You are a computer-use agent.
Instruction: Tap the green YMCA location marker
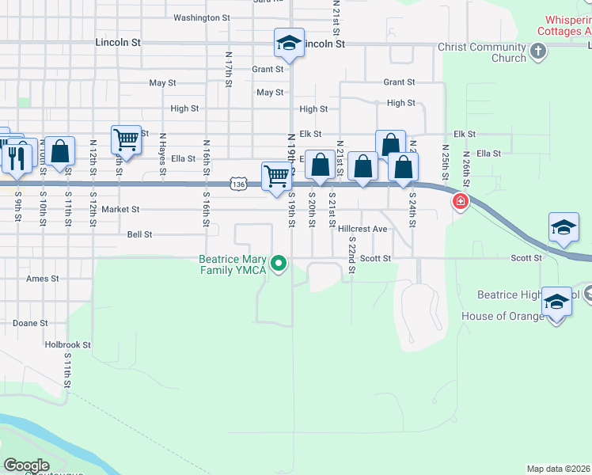(x=278, y=264)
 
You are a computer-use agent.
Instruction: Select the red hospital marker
(x=459, y=202)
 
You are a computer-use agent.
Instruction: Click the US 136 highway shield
(x=240, y=184)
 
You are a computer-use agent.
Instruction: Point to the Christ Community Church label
(x=481, y=52)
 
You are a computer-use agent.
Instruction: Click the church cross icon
(x=538, y=52)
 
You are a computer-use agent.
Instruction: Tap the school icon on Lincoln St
(x=290, y=44)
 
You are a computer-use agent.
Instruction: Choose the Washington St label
(x=201, y=17)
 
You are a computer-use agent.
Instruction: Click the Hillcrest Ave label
(x=362, y=229)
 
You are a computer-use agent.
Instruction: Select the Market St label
(x=120, y=210)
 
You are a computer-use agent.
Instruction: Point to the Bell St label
(x=139, y=234)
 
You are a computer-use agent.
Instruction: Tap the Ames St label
(x=43, y=279)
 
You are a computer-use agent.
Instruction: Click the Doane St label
(x=31, y=323)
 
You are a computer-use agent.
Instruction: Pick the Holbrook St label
(x=67, y=345)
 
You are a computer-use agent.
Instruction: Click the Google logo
(x=26, y=465)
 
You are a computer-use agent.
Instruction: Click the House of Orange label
(x=503, y=317)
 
